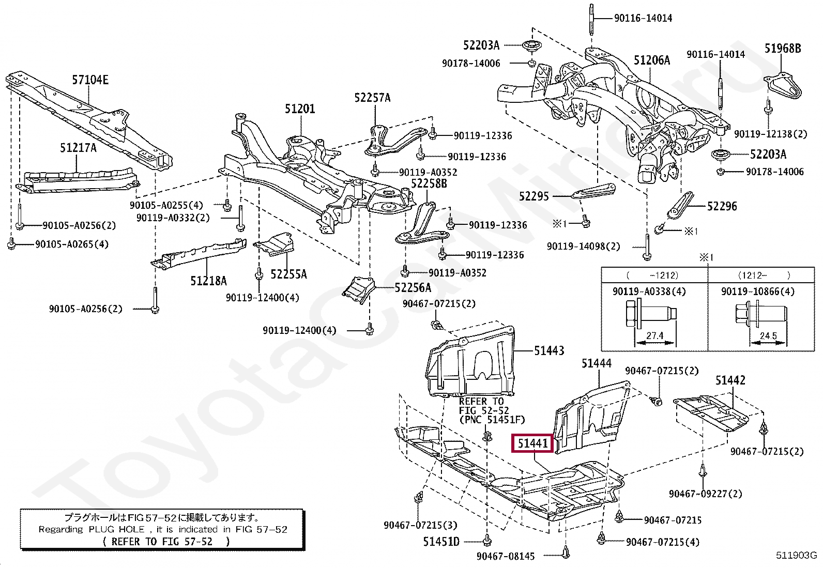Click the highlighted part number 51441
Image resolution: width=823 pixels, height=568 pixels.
pos(533,443)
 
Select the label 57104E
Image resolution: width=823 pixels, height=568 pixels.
pos(90,80)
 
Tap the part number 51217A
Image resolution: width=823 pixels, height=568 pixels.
pos(78,148)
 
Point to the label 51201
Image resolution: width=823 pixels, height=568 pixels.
pos(300,109)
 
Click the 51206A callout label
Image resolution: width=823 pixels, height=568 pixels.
pos(652,60)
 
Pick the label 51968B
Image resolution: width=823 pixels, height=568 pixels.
pos(783,48)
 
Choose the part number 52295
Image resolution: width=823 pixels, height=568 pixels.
pos(534,196)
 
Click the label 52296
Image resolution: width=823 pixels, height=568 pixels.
pos(722,206)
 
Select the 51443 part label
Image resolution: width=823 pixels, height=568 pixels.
pos(549,351)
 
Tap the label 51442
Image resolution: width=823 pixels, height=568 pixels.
pos(730,380)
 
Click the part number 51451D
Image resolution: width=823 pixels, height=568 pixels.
pos(441,542)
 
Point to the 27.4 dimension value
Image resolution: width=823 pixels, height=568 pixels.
pos(655,335)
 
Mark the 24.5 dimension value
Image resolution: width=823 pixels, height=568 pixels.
pos(768,336)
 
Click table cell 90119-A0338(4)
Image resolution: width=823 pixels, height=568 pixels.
pos(649,291)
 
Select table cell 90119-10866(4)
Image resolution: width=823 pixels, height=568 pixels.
pos(758,291)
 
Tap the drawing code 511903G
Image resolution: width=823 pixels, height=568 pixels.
pos(796,555)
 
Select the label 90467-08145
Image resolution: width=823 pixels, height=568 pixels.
pos(506,556)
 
